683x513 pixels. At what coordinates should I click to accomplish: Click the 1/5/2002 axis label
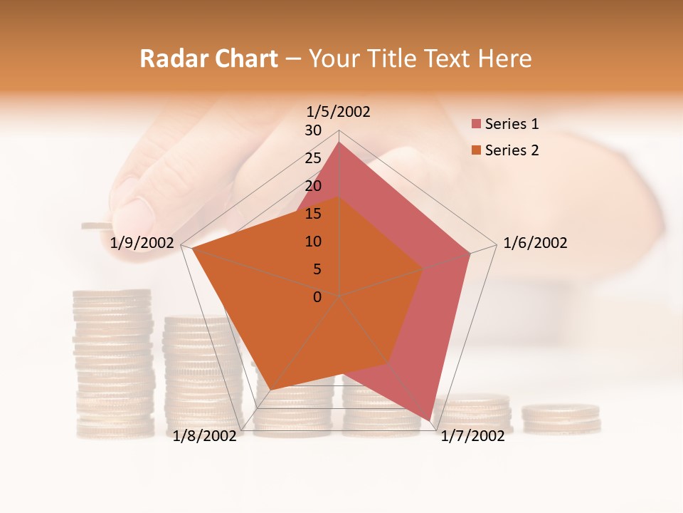pyautogui.click(x=338, y=112)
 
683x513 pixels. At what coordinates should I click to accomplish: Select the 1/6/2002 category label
pyautogui.click(x=535, y=243)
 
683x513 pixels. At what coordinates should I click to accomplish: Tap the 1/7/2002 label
pyautogui.click(x=472, y=436)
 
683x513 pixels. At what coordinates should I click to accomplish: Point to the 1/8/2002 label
pyautogui.click(x=205, y=436)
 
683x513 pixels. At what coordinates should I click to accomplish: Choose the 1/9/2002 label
pyautogui.click(x=142, y=243)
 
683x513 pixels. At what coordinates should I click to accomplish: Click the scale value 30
pyautogui.click(x=313, y=130)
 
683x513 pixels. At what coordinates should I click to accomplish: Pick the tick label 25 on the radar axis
pyautogui.click(x=313, y=158)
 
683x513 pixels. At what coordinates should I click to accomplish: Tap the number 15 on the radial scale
pyautogui.click(x=313, y=214)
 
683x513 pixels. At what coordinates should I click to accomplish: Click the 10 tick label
pyautogui.click(x=313, y=242)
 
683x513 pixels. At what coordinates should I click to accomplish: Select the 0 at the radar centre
pyautogui.click(x=317, y=297)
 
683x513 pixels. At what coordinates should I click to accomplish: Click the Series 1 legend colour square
pyautogui.click(x=476, y=124)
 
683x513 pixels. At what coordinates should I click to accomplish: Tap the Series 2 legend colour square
pyautogui.click(x=476, y=150)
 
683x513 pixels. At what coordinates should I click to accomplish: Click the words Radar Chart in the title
pyautogui.click(x=208, y=58)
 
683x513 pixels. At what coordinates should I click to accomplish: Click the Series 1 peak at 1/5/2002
pyautogui.click(x=339, y=142)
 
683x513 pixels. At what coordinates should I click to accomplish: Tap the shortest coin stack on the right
pyautogui.click(x=561, y=419)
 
